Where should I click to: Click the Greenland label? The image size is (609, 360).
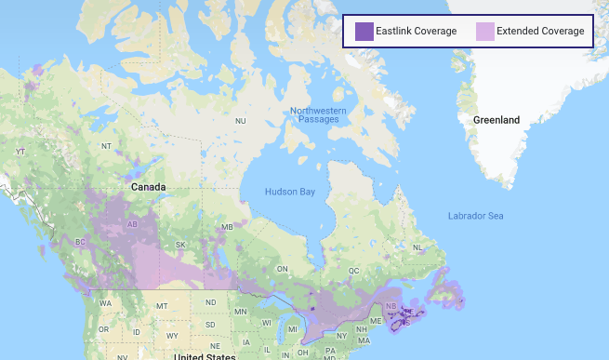point(496,120)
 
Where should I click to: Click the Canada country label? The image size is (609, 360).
point(148,187)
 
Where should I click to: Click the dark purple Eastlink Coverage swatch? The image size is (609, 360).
point(364,32)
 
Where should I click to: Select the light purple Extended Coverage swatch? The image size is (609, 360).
point(484,32)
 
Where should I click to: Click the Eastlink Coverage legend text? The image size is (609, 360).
point(417,32)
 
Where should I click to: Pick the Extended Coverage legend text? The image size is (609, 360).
point(540,32)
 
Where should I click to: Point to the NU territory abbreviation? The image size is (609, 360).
point(240,121)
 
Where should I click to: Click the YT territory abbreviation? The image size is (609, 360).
point(20,151)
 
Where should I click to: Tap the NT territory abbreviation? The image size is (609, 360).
point(106,146)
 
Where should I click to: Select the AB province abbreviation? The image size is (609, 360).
point(131,223)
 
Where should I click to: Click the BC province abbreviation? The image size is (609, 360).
point(80,242)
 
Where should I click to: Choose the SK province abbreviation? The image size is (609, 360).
point(180,246)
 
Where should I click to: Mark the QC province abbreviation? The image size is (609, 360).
point(353,270)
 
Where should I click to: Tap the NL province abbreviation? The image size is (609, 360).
point(418,247)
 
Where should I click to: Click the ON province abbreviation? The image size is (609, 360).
point(280,269)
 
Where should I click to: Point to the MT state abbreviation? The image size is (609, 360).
point(161,306)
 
